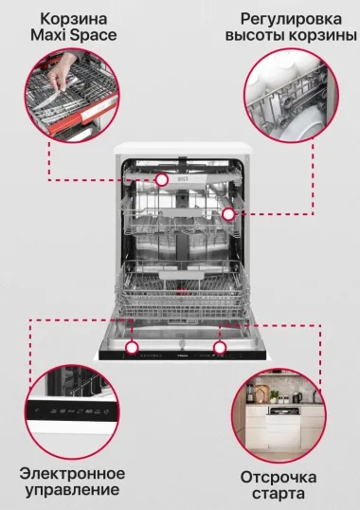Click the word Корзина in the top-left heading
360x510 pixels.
click(x=74, y=19)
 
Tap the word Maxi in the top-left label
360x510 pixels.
click(x=48, y=35)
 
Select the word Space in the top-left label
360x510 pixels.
click(x=94, y=36)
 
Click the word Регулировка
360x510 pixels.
click(x=291, y=20)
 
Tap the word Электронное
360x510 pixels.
click(x=72, y=474)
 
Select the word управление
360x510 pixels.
click(x=72, y=490)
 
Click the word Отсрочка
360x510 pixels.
click(x=279, y=478)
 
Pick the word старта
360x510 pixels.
click(x=279, y=494)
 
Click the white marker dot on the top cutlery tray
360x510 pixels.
click(x=161, y=179)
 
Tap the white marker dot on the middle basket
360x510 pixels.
click(x=228, y=214)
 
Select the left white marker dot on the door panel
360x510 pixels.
click(x=132, y=347)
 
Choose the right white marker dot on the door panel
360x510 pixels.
click(x=220, y=348)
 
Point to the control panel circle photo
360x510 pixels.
click(x=72, y=411)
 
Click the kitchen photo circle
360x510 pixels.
click(x=279, y=415)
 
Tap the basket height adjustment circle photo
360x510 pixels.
click(x=291, y=96)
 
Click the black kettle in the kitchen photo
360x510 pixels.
click(x=297, y=397)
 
